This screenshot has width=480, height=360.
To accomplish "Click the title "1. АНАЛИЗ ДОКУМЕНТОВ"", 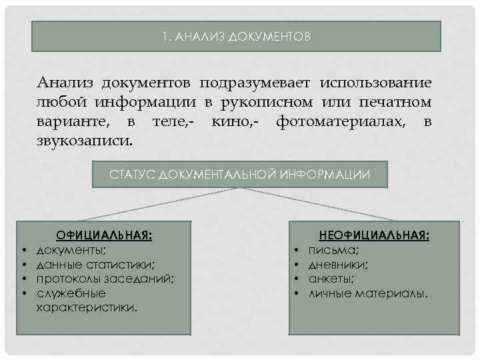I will pyautogui.click(x=236, y=37).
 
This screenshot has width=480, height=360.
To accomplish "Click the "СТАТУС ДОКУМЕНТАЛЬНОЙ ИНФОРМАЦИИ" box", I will pyautogui.click(x=239, y=175).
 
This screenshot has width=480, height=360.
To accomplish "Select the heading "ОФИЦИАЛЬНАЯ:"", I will pyautogui.click(x=104, y=235).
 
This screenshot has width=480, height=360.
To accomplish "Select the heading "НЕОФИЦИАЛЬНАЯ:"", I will pyautogui.click(x=374, y=235).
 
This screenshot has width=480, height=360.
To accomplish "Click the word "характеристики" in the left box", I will pyautogui.click(x=88, y=307).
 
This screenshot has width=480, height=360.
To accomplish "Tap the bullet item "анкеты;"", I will pyautogui.click(x=331, y=279).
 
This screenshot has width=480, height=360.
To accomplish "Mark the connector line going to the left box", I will pyautogui.click(x=160, y=204).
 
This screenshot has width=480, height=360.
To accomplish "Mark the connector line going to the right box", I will pyautogui.click(x=313, y=204).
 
